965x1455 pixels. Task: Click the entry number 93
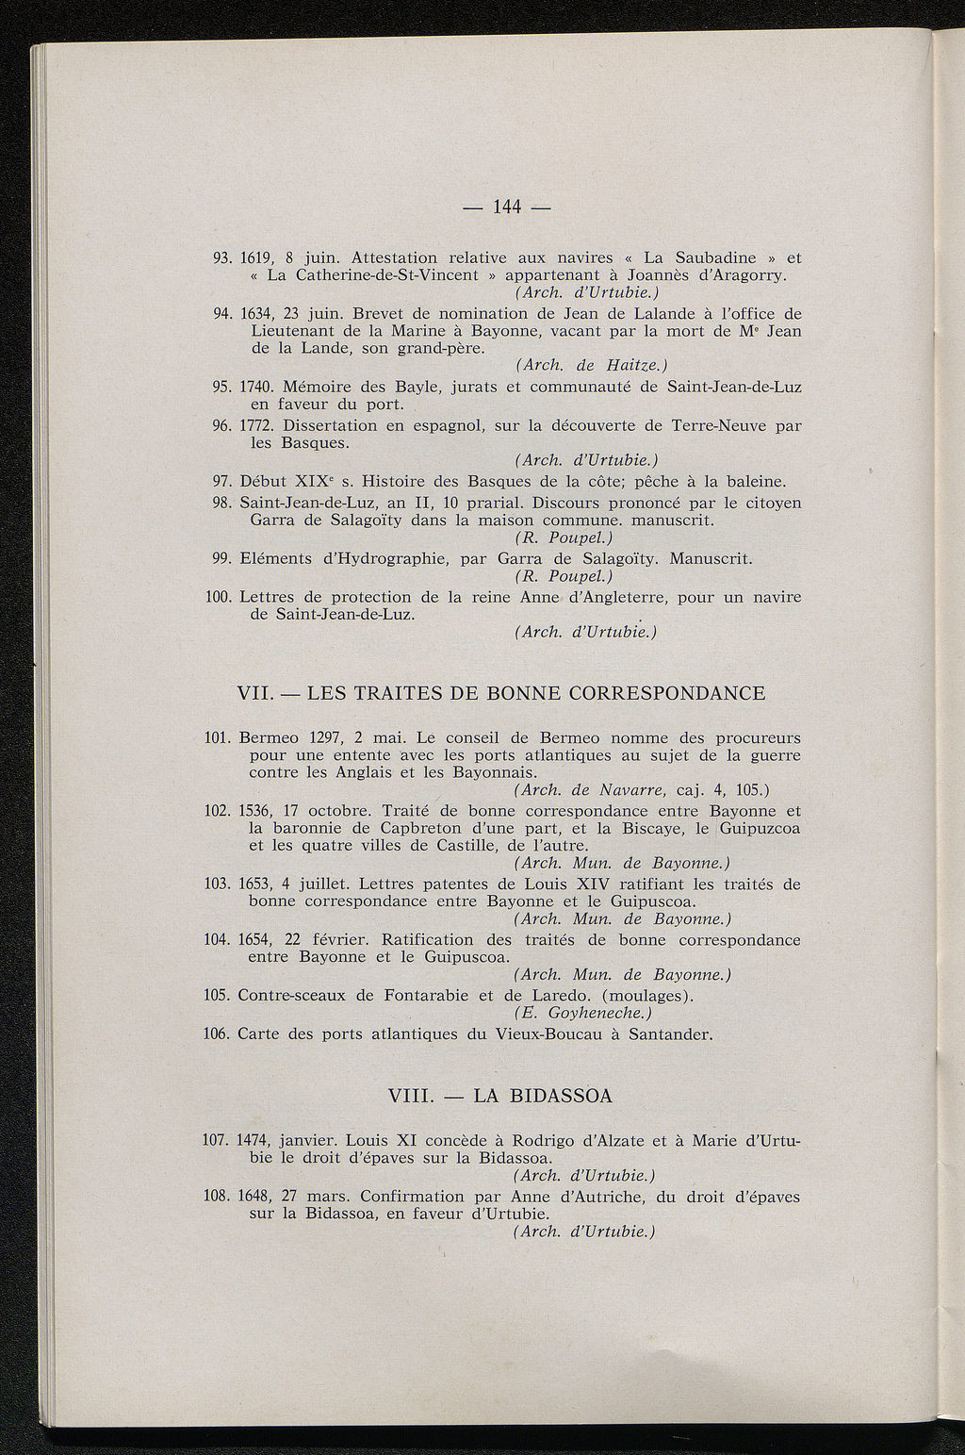223,256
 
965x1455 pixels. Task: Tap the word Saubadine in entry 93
718,256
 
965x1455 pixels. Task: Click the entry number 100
218,597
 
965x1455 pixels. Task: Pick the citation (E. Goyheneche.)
583,1014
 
